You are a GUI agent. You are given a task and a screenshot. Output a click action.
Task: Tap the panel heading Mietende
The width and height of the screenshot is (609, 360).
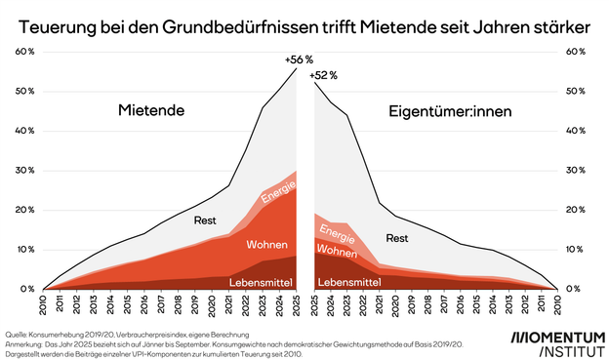[151, 111]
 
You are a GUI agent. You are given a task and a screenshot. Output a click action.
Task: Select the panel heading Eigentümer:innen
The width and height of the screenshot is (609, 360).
[456, 111]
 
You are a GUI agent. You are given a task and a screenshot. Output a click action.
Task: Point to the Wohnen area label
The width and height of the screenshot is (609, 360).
[266, 243]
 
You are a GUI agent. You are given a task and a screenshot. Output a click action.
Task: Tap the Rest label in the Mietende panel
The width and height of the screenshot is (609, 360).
[205, 220]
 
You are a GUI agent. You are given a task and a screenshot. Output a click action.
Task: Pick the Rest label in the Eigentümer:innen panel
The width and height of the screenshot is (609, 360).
[397, 237]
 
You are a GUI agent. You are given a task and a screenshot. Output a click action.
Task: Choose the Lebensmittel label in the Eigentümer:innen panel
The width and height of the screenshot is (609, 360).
[349, 283]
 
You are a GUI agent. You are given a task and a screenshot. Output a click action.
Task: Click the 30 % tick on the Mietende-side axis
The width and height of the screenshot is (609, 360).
[26, 171]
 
